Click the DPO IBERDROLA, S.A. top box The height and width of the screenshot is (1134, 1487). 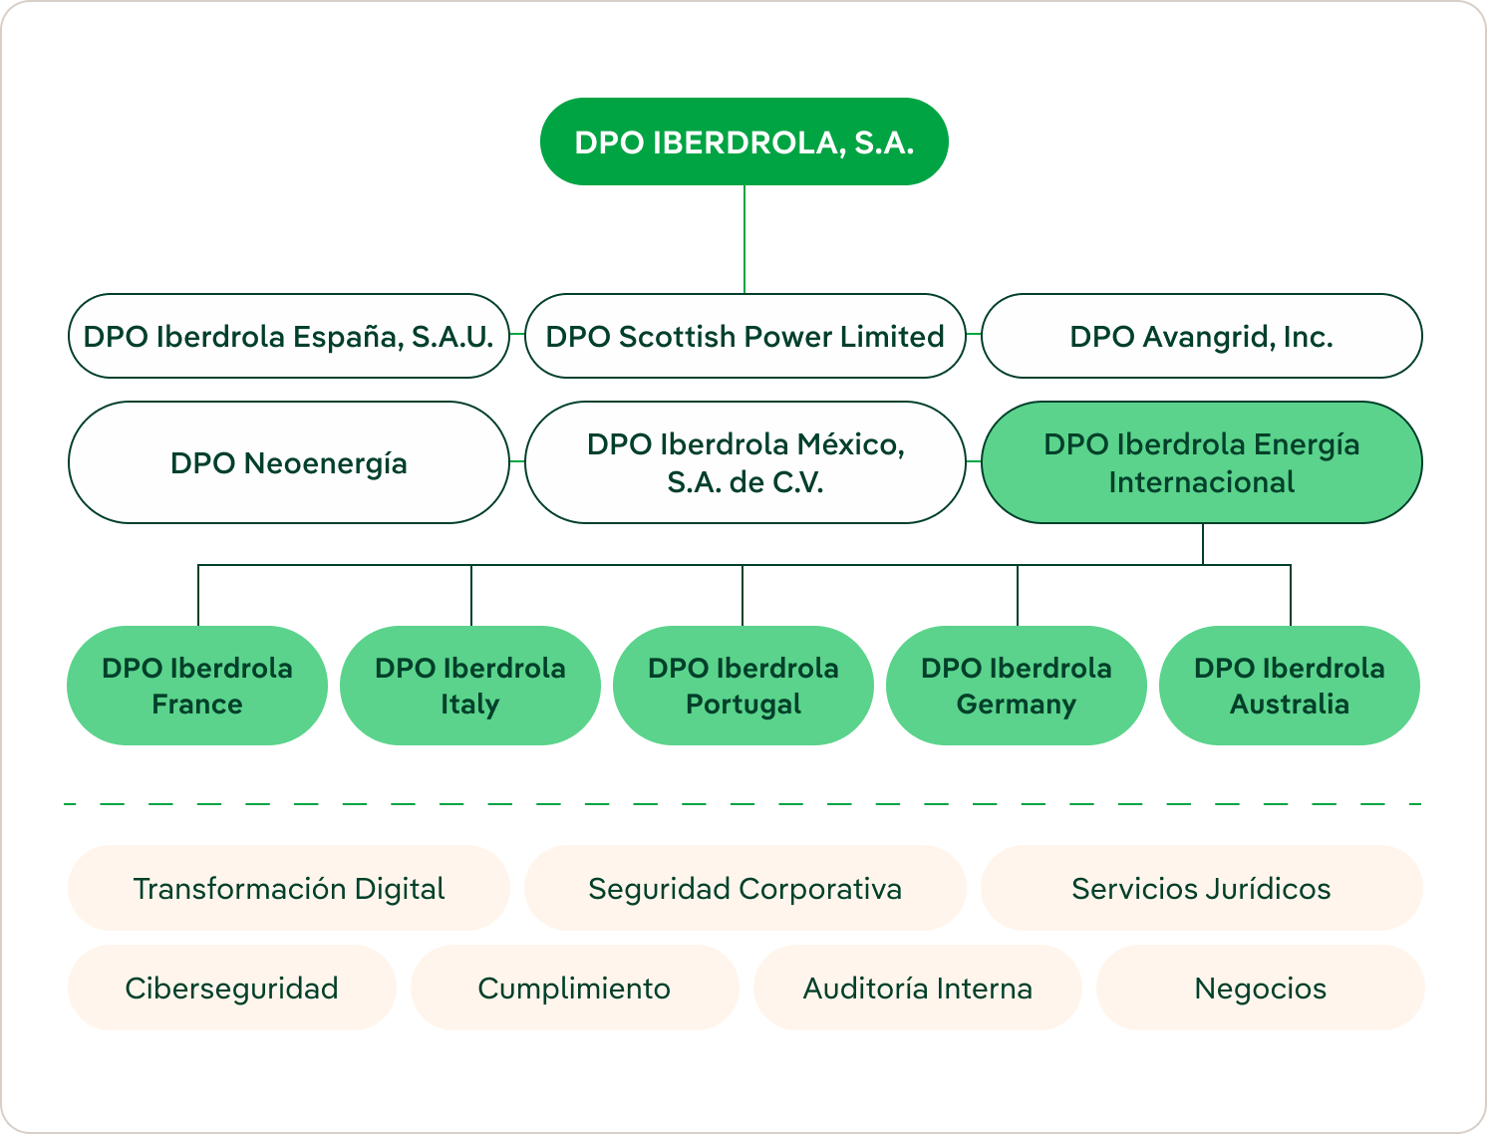(743, 142)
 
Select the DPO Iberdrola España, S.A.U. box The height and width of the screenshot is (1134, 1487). (288, 336)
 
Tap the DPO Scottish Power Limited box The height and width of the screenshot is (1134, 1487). (744, 336)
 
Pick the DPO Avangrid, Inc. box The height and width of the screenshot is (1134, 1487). (1201, 336)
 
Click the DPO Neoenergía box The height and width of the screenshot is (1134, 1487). (288, 462)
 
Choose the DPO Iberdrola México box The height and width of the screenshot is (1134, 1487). (744, 462)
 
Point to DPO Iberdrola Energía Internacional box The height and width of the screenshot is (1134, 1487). (1201, 462)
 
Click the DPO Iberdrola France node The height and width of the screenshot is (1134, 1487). (197, 686)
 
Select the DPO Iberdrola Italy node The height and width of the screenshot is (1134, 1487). (470, 686)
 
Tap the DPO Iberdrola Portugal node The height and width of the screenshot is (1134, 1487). (743, 686)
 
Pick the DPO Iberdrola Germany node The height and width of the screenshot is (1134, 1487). (1017, 686)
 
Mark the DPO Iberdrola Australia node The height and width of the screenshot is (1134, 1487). (1290, 686)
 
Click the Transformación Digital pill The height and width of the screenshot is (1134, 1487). (288, 888)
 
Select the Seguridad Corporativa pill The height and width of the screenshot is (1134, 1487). (744, 888)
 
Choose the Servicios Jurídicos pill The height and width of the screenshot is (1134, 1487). (1201, 888)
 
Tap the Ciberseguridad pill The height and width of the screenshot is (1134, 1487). (231, 988)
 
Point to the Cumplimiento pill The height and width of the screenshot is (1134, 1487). (574, 988)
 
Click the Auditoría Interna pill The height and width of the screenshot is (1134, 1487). (917, 988)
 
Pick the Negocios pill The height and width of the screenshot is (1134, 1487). (1260, 988)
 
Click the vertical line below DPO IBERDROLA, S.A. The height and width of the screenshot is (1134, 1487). (744, 239)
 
